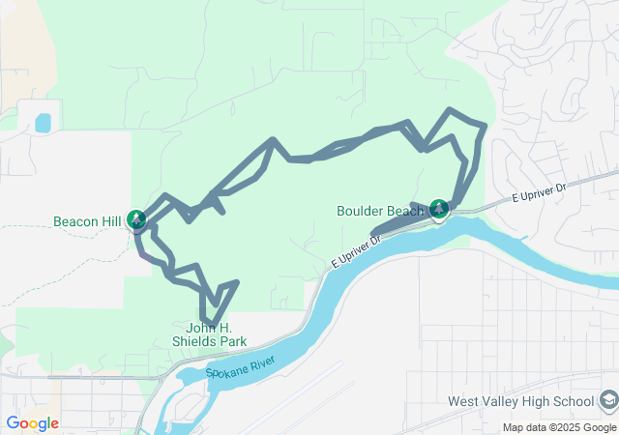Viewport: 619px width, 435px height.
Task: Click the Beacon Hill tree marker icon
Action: pyautogui.click(x=137, y=218)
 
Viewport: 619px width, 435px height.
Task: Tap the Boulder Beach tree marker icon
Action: pyautogui.click(x=439, y=208)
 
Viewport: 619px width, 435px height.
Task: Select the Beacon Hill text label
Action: pyautogui.click(x=87, y=221)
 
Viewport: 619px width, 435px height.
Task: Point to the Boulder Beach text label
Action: pyautogui.click(x=379, y=211)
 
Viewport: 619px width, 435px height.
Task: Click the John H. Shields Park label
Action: pyautogui.click(x=209, y=334)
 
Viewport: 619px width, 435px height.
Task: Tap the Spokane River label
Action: pyautogui.click(x=241, y=368)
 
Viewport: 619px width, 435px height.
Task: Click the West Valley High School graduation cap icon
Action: pyautogui.click(x=607, y=400)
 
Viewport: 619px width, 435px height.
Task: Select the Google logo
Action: pyautogui.click(x=32, y=422)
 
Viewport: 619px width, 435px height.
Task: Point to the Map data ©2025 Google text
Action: pyautogui.click(x=558, y=427)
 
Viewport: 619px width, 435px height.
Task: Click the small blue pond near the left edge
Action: pyautogui.click(x=43, y=123)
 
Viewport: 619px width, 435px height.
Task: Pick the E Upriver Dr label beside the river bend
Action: pyautogui.click(x=357, y=249)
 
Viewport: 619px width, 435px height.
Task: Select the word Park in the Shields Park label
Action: pyautogui.click(x=231, y=341)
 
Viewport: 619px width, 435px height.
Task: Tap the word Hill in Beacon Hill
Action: pyautogui.click(x=109, y=221)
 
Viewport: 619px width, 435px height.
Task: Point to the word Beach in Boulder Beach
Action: pyautogui.click(x=404, y=211)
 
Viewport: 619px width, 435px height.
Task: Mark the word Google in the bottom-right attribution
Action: pyautogui.click(x=596, y=427)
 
